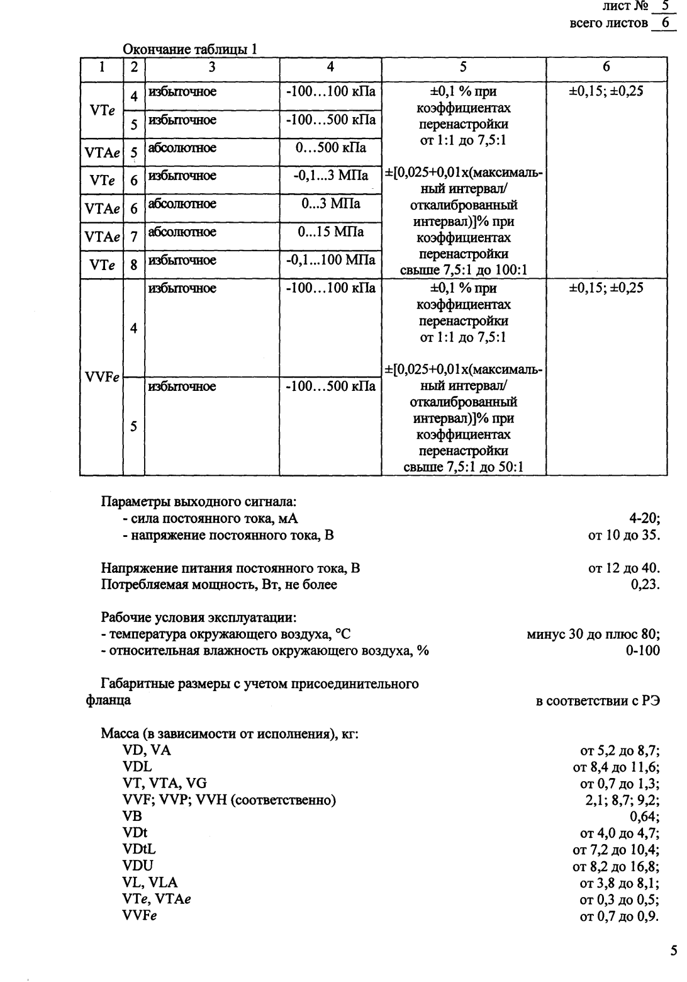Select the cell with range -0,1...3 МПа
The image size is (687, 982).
coord(330,176)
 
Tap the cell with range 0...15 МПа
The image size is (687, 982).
coord(330,232)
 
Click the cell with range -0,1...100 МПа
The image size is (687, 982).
coord(330,260)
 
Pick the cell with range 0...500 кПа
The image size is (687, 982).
coord(330,149)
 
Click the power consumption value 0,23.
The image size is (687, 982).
coord(645,585)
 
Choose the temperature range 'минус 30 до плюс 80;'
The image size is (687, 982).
coord(593,634)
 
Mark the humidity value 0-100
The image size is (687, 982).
coord(642,651)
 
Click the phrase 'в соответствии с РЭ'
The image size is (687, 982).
coord(598,701)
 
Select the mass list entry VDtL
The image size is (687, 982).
coord(139,850)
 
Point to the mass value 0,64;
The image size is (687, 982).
coord(645,817)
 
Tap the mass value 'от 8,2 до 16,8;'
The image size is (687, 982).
coord(615,866)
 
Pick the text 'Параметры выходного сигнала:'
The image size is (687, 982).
coord(199,502)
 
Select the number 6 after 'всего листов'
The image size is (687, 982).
coord(664,23)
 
